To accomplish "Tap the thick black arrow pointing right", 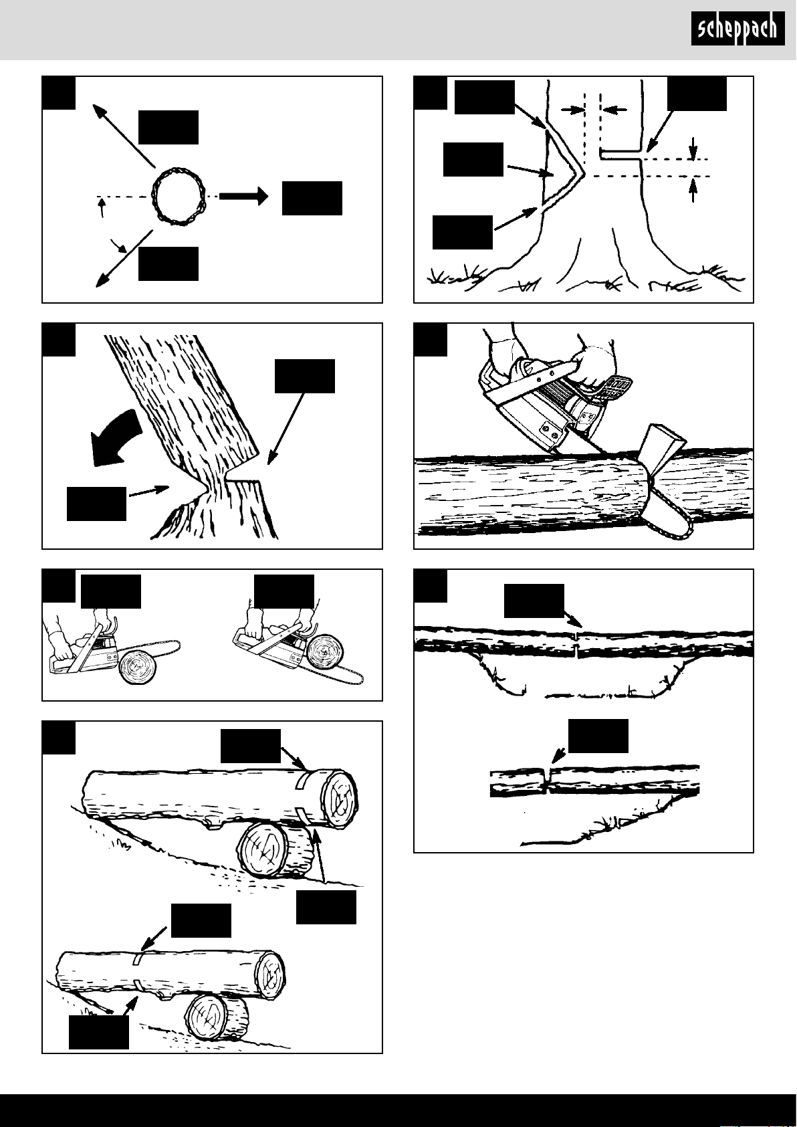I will (x=243, y=196).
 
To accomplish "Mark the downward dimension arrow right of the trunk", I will (x=693, y=147).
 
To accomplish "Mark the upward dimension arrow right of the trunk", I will (x=693, y=190).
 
